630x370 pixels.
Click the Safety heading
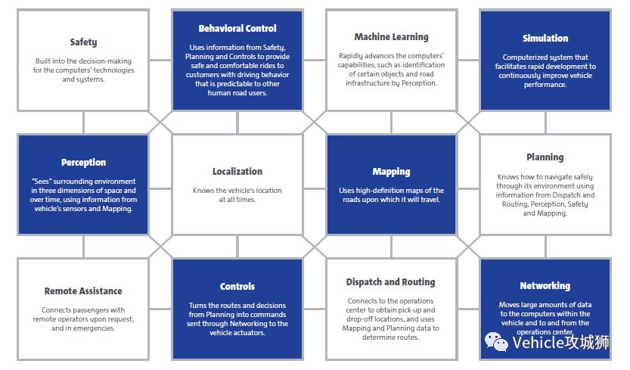(x=83, y=42)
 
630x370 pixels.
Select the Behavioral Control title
(x=237, y=29)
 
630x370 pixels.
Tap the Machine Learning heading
(x=391, y=37)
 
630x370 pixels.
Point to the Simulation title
(x=545, y=38)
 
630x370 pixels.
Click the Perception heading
(x=83, y=163)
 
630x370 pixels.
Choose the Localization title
(x=237, y=171)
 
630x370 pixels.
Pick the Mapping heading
(x=391, y=172)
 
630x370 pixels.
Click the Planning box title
(x=545, y=157)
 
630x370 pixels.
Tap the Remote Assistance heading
(x=83, y=291)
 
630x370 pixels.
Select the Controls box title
(x=237, y=286)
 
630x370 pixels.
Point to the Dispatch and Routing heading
(x=390, y=282)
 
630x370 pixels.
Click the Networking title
(x=545, y=286)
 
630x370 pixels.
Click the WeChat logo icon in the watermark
(x=496, y=342)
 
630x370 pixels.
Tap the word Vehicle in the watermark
(x=538, y=343)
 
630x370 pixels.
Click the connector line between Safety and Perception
(x=83, y=123)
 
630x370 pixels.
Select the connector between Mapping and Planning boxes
(x=467, y=188)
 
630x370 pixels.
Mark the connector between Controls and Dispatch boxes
(x=314, y=309)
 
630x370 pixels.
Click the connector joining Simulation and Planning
(x=545, y=123)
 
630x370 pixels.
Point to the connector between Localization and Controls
(x=237, y=247)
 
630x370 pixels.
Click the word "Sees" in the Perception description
(x=42, y=182)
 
